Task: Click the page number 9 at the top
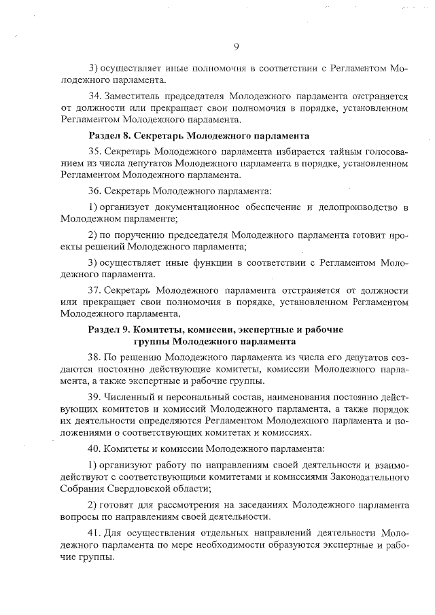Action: [236, 47]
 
